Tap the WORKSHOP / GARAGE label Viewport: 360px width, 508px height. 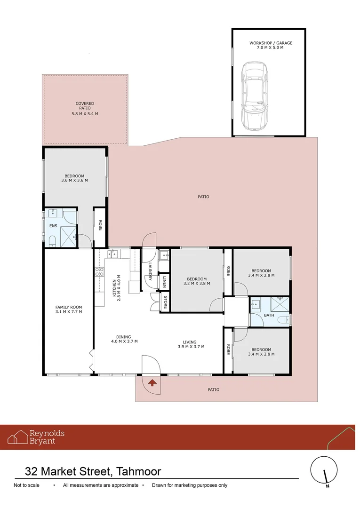tap(271, 45)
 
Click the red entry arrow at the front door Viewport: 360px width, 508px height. tap(152, 383)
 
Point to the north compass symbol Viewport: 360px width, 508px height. tap(325, 471)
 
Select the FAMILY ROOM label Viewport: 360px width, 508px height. tap(69, 309)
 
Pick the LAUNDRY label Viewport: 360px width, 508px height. tap(150, 271)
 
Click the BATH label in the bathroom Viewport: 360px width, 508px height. tap(269, 315)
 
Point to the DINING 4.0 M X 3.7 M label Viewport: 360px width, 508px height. tap(124, 339)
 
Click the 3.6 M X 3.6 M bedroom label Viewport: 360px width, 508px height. tap(74, 178)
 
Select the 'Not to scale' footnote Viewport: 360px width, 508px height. tap(26, 485)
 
